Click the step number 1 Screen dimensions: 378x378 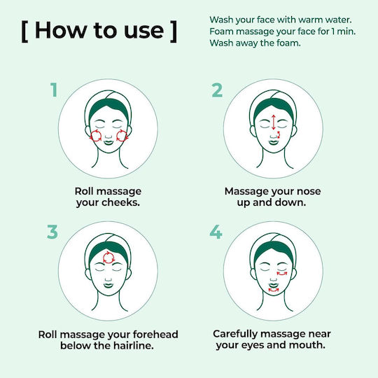click(54, 90)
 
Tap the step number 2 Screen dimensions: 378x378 click(217, 90)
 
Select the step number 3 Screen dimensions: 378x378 click(52, 232)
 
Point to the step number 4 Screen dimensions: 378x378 click(216, 232)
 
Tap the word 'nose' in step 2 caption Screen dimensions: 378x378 click(309, 191)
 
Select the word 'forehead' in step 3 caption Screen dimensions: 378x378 click(155, 335)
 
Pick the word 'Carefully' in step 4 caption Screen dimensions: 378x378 click(235, 335)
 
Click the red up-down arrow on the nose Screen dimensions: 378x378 click(274, 122)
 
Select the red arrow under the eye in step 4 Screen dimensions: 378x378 click(282, 274)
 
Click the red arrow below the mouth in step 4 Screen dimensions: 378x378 click(274, 290)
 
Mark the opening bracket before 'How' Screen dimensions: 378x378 click(24, 31)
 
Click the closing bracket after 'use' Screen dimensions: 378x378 click(174, 31)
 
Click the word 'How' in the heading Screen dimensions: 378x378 click(60, 30)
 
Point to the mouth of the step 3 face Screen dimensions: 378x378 click(108, 286)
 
